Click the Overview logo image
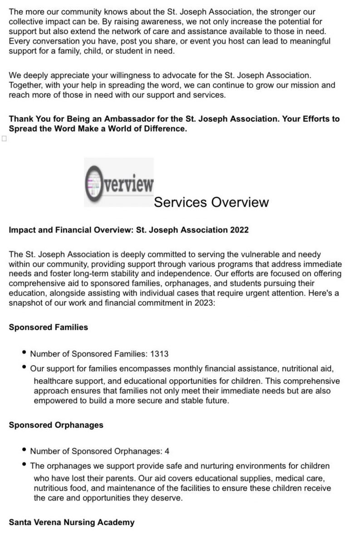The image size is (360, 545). [119, 182]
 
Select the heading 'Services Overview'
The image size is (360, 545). [211, 202]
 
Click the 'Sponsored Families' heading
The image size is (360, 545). [49, 327]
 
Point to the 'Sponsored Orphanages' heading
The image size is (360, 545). [56, 425]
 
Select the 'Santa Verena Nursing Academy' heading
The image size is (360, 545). [72, 522]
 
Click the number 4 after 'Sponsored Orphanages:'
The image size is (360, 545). [167, 451]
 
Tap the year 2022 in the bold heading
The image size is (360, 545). [239, 230]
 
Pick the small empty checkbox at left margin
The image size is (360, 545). [4, 139]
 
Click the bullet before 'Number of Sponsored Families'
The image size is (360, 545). [24, 352]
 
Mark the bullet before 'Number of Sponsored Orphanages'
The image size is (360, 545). [24, 450]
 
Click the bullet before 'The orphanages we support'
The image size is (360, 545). [24, 465]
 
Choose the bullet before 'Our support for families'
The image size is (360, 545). [24, 367]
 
